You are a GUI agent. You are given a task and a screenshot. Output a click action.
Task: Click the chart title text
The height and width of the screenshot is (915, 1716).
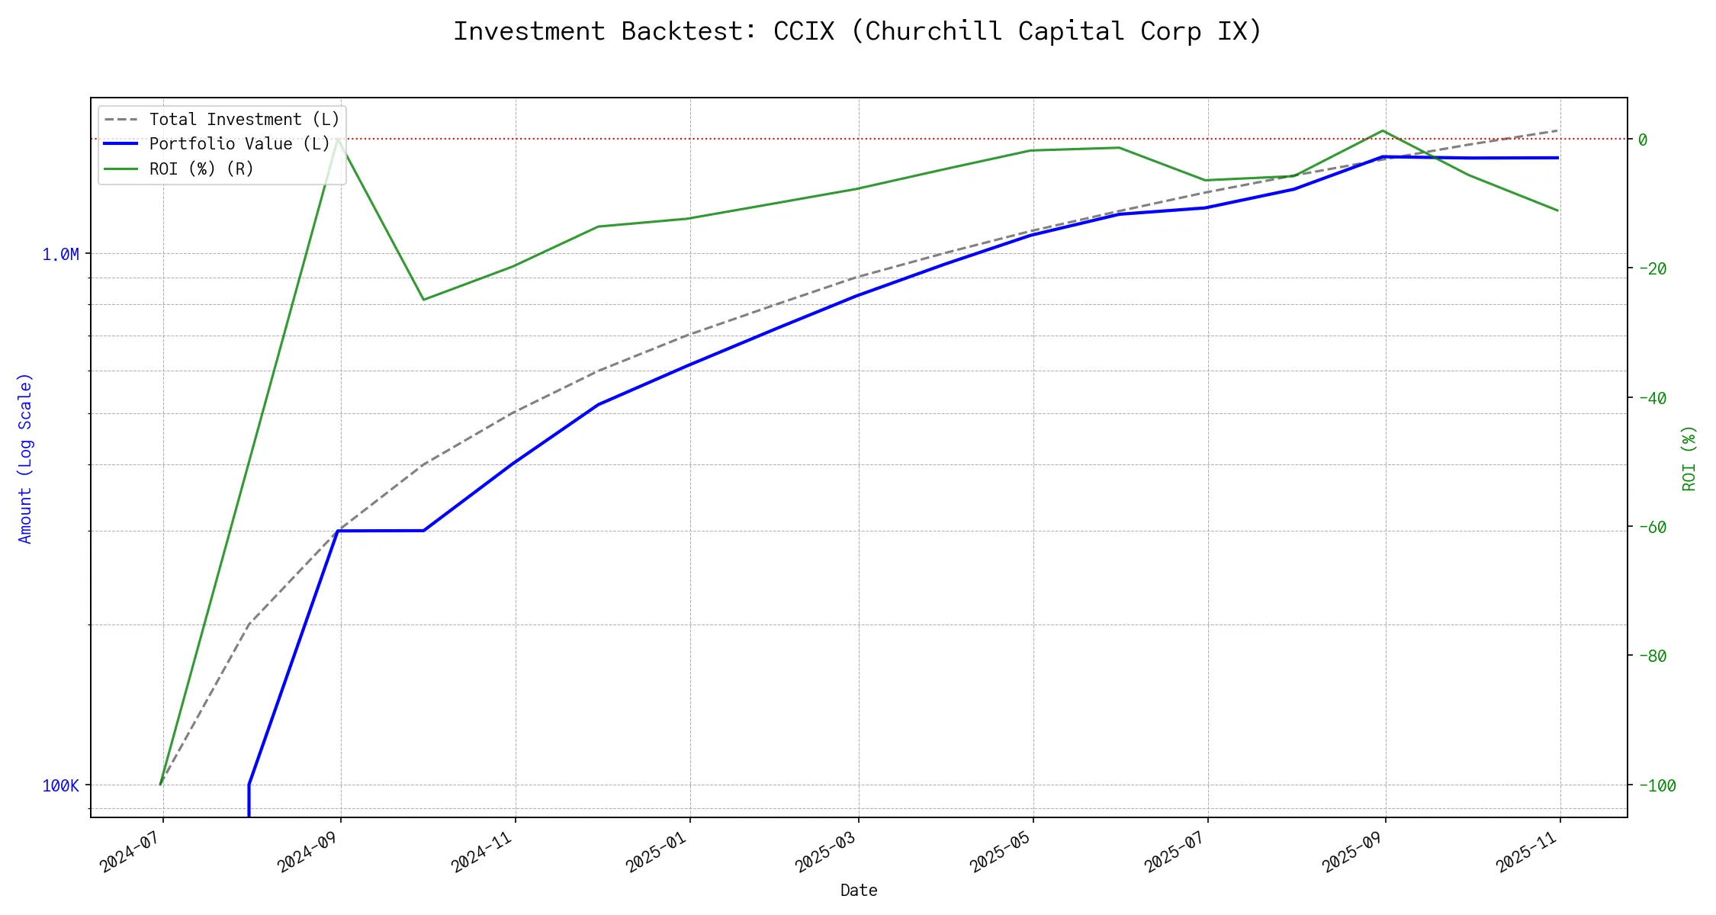tap(858, 31)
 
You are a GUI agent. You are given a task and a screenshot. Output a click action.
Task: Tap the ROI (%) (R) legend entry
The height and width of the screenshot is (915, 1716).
tap(201, 169)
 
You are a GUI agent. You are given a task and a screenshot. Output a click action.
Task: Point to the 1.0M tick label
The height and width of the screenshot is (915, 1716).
tap(60, 255)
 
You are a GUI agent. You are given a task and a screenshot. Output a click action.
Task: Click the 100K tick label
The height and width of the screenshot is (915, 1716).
tap(60, 786)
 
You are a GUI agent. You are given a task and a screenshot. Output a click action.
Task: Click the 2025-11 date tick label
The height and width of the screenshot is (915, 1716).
tap(1528, 852)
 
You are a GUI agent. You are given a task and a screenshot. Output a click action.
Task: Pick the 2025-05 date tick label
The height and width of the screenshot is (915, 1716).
tap(1001, 852)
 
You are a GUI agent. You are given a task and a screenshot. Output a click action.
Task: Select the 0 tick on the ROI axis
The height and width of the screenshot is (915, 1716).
tap(1643, 140)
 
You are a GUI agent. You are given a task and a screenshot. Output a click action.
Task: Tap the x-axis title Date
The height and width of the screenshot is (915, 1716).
tap(859, 891)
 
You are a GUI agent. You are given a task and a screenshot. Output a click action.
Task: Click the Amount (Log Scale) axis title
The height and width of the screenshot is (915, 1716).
tap(26, 457)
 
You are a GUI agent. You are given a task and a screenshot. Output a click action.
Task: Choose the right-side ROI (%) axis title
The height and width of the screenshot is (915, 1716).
tap(1689, 457)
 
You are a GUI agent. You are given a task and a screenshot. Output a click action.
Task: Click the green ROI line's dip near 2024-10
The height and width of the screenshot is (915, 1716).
tap(424, 300)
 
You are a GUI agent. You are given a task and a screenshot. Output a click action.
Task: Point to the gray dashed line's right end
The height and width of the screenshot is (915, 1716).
tap(1558, 130)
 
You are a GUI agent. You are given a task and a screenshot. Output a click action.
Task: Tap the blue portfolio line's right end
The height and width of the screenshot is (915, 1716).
tap(1558, 158)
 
